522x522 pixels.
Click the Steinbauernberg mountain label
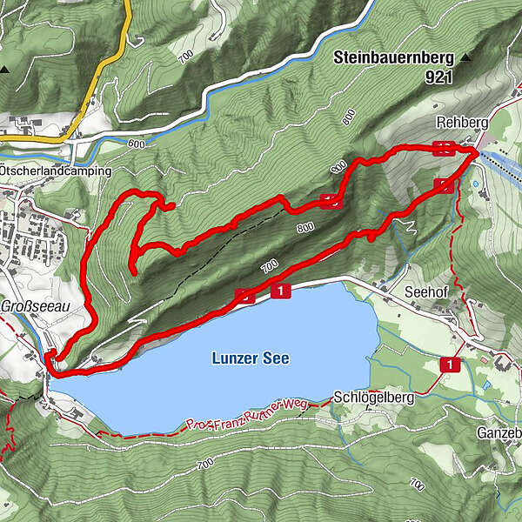pos(393,59)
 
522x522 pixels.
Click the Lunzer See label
pos(250,358)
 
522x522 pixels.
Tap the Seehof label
pos(425,292)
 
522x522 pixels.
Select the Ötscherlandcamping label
pos(57,171)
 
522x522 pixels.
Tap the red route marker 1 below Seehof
pos(449,365)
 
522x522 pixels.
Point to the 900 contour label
pos(338,167)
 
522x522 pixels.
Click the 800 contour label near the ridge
pos(304,229)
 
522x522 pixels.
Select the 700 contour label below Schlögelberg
pos(204,465)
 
